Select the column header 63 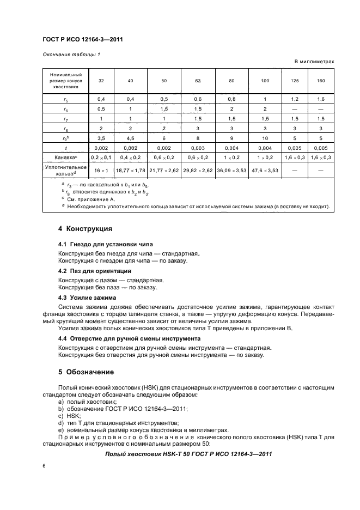point(197,81)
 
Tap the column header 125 point(295,81)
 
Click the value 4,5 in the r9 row point(130,138)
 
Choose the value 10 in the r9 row point(265,138)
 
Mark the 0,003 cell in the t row point(197,148)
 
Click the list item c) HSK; point(68,415)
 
